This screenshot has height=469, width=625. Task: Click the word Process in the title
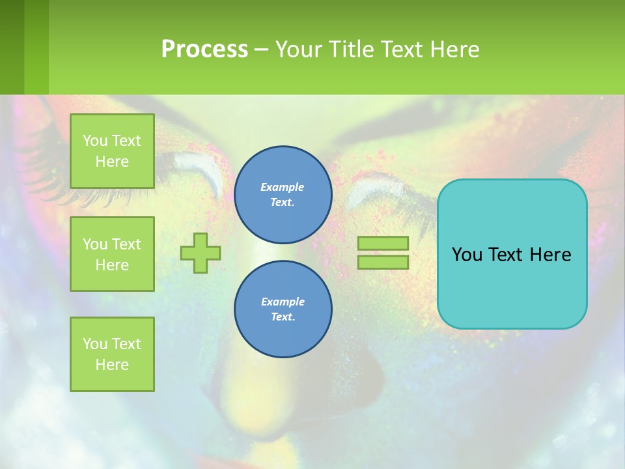(x=204, y=50)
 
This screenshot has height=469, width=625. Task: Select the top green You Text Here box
(x=112, y=151)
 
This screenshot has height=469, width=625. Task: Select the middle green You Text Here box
(x=112, y=254)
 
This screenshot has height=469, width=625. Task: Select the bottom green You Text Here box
(x=112, y=354)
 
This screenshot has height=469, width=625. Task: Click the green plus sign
(x=201, y=253)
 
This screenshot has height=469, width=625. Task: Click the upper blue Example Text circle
(x=283, y=194)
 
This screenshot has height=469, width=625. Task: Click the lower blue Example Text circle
(x=283, y=309)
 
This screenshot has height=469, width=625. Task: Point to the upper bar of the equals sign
(x=383, y=243)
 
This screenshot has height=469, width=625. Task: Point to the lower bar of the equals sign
(x=383, y=262)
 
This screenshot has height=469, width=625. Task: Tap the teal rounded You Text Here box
(x=512, y=287)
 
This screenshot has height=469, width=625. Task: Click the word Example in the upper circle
(x=282, y=187)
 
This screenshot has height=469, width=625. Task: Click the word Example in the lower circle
(x=283, y=302)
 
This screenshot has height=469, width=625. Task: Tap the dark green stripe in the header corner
(x=12, y=47)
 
